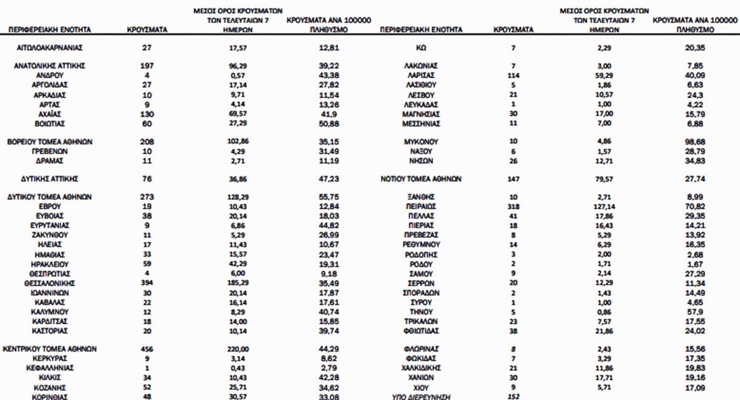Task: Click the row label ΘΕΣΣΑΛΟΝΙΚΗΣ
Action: (x=49, y=283)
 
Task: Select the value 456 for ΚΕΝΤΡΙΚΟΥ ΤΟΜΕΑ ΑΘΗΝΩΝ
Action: (x=147, y=349)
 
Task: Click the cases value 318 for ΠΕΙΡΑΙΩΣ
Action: (x=514, y=206)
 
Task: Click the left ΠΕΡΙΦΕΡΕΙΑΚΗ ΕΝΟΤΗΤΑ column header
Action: (x=49, y=29)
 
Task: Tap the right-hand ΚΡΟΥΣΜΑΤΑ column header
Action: (x=514, y=29)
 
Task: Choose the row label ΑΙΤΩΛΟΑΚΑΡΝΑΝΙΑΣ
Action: (x=49, y=47)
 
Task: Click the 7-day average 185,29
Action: (x=225, y=283)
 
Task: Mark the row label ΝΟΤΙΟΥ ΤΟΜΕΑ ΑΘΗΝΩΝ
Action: (x=421, y=179)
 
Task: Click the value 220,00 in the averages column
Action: (x=225, y=349)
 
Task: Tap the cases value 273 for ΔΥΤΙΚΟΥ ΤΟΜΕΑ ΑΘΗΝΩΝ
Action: (x=147, y=197)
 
